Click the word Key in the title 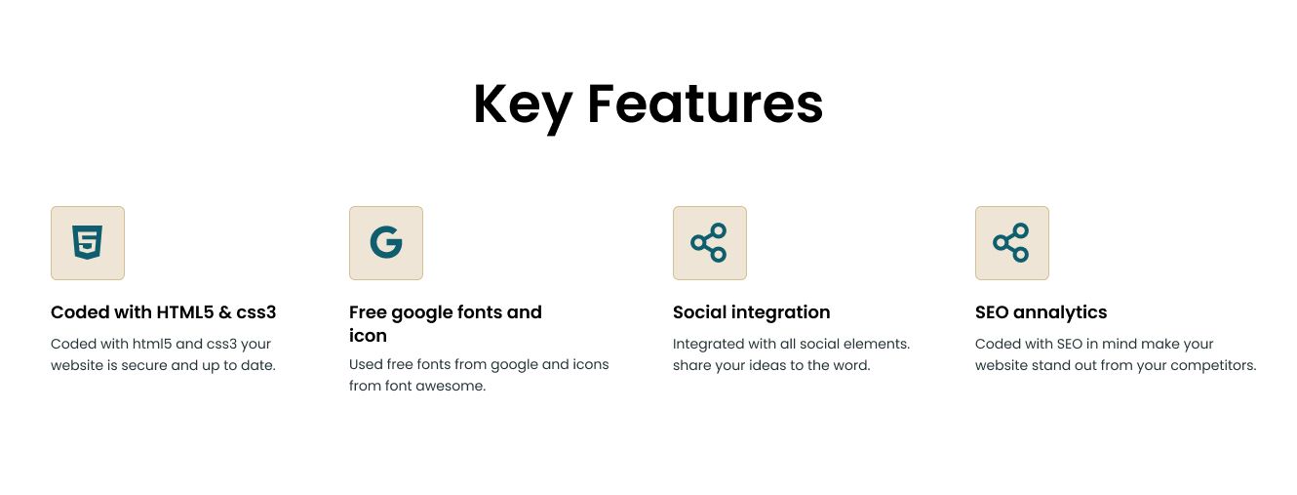pyautogui.click(x=523, y=106)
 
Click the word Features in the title pyautogui.click(x=705, y=103)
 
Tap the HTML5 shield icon pyautogui.click(x=88, y=242)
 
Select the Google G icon pyautogui.click(x=386, y=242)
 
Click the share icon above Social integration pyautogui.click(x=709, y=242)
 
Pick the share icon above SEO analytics pyautogui.click(x=1011, y=242)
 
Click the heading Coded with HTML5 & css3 pyautogui.click(x=163, y=312)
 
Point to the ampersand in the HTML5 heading pyautogui.click(x=225, y=312)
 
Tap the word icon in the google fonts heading pyautogui.click(x=368, y=336)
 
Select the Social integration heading pyautogui.click(x=751, y=313)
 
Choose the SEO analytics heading pyautogui.click(x=1041, y=313)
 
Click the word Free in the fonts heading pyautogui.click(x=368, y=312)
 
